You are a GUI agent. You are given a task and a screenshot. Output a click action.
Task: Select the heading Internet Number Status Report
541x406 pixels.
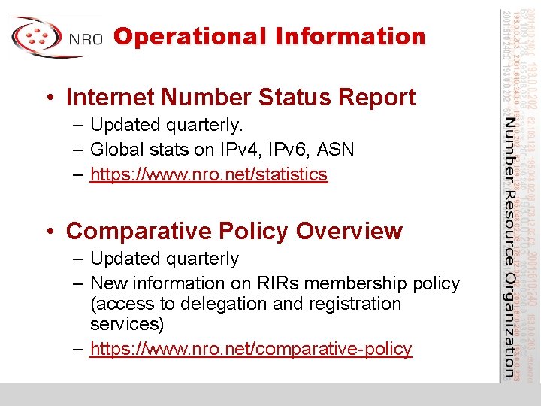click(240, 97)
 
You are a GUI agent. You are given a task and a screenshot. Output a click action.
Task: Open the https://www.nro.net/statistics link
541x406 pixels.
click(209, 174)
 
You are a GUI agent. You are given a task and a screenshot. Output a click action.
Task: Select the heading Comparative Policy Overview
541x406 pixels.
click(234, 231)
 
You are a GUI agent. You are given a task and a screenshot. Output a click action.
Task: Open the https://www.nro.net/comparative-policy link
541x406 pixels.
click(251, 349)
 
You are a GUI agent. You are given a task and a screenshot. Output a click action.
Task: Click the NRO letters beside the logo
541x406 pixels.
click(86, 40)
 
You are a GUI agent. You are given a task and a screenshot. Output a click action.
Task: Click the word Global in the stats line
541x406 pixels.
click(117, 149)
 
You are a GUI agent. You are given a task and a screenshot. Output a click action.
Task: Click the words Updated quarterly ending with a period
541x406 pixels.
click(167, 124)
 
